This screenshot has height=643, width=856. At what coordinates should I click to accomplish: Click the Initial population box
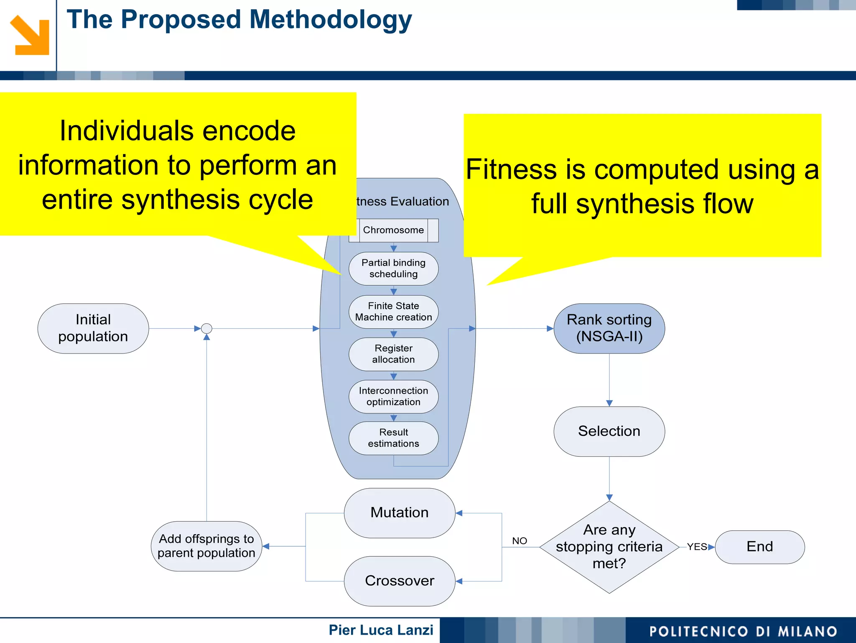pos(93,328)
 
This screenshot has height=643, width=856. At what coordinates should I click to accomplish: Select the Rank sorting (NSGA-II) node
pos(609,328)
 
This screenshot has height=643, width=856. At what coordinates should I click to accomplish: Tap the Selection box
pos(609,431)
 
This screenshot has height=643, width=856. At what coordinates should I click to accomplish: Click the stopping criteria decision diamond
pos(609,547)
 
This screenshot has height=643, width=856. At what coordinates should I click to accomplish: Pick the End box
pos(759,547)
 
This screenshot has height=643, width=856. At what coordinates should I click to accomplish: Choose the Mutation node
pos(399,513)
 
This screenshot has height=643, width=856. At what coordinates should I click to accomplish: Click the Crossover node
pos(399,581)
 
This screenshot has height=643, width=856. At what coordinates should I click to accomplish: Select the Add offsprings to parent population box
pos(206,546)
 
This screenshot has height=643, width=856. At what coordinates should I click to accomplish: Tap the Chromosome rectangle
pos(393,230)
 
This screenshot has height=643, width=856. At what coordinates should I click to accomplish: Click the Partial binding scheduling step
pos(393,269)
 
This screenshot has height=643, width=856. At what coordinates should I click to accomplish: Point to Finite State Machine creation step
pos(393,312)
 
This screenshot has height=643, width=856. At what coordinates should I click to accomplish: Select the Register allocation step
pos(393,354)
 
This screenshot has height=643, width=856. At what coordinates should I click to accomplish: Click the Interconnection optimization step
pos(393,396)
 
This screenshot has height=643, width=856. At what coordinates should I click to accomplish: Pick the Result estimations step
pos(393,438)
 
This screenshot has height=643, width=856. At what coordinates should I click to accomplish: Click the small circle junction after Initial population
pos(206,328)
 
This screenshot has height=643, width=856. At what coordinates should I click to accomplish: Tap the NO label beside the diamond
pos(520,541)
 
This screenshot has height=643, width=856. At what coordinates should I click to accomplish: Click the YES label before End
pos(697,547)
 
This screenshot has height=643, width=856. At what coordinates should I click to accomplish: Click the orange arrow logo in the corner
pos(29,36)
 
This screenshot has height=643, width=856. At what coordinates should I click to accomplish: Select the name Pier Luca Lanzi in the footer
pos(381,630)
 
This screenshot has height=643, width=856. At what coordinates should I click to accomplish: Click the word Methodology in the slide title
pos(330,20)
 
